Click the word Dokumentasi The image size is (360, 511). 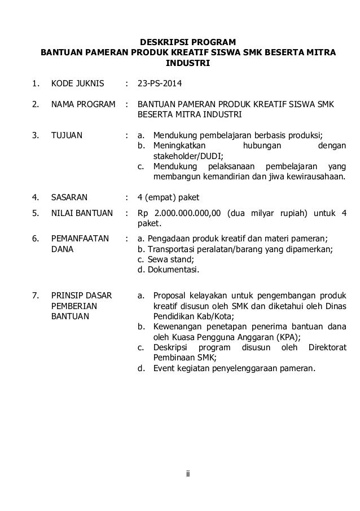click(170, 270)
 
